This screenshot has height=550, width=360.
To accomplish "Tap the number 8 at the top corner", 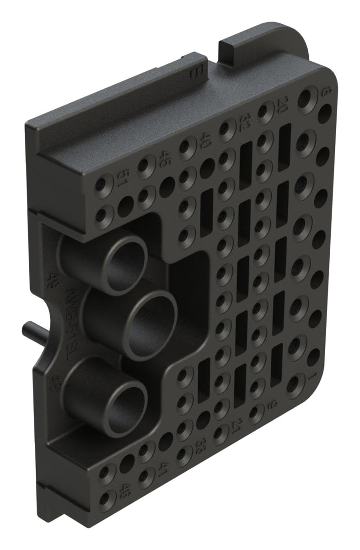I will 327,91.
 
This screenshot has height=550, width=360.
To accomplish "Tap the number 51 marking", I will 122,176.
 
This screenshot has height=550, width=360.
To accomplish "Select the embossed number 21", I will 236,427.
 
